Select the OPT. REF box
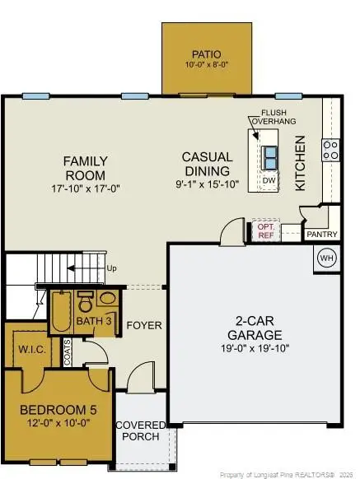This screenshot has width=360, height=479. pos(265,230)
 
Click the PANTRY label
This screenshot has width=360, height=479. pos(321,234)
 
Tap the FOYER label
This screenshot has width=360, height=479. pos(144,325)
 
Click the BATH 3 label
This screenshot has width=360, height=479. pos(97,320)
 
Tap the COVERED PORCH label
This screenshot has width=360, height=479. pos(140,430)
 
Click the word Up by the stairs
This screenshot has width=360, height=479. pos(110,267)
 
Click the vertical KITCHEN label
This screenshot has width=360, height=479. pos(301,163)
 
